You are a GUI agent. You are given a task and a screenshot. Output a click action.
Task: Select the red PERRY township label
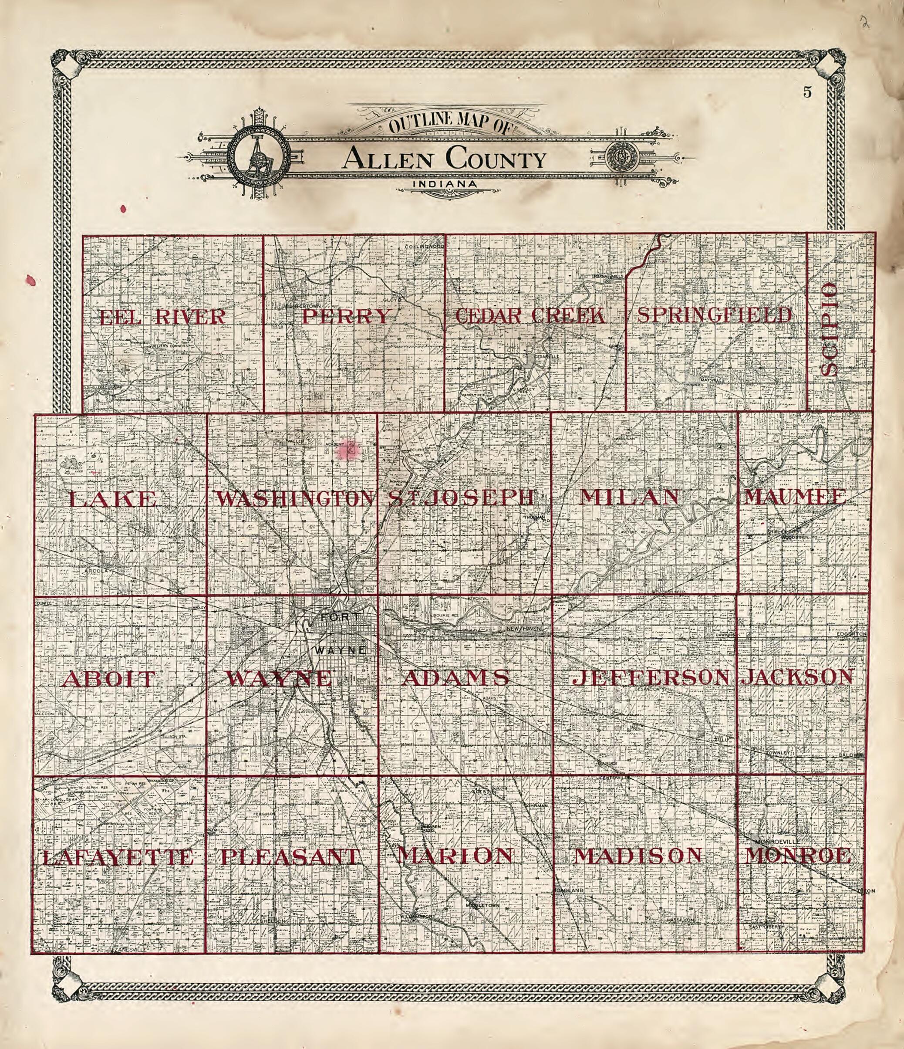tap(346, 317)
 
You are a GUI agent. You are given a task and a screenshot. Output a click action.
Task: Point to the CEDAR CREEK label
tap(530, 316)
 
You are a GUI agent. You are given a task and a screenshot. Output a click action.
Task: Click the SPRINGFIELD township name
tap(714, 315)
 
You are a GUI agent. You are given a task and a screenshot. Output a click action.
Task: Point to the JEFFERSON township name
tap(651, 677)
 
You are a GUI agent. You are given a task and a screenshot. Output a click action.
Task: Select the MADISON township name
tap(638, 856)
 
